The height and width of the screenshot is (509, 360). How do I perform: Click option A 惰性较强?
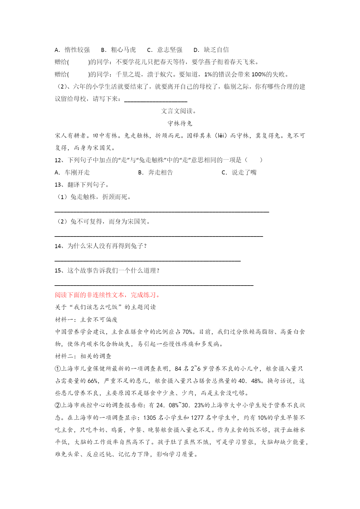[73, 50]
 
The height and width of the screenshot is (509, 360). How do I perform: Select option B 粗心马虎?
[119, 50]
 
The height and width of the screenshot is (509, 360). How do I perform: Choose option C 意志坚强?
[165, 50]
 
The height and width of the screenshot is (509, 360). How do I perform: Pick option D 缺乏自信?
[211, 50]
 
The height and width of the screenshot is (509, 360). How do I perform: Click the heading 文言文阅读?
[179, 111]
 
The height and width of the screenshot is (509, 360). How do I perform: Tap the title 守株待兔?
[180, 124]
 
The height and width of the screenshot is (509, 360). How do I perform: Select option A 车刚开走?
[73, 173]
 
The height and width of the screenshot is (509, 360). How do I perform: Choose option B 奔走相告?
[156, 173]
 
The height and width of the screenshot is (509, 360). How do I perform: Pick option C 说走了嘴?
[239, 173]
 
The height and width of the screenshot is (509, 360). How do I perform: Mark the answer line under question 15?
[154, 285]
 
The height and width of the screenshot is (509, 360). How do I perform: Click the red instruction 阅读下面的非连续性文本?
[107, 295]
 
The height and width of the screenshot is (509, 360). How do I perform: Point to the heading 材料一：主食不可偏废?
[86, 320]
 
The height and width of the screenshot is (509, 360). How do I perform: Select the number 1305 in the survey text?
[150, 418]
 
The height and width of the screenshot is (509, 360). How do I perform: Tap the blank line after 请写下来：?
[155, 101]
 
